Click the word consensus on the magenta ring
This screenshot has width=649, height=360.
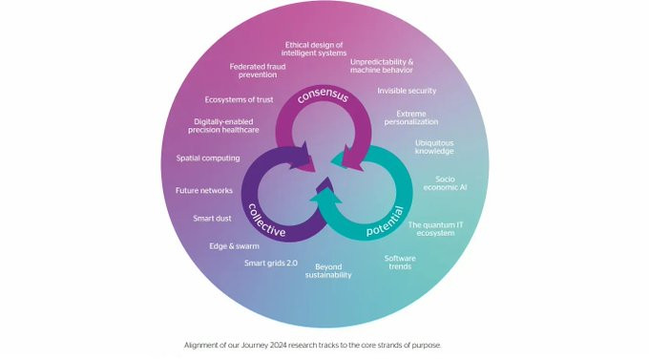tap(323, 95)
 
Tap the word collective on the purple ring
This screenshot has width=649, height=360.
tap(266, 220)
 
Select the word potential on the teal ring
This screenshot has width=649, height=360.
tap(385, 222)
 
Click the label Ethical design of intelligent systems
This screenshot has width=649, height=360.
tap(314, 49)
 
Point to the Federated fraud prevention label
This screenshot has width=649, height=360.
tap(258, 71)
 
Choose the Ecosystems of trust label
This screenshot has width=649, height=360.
tap(239, 100)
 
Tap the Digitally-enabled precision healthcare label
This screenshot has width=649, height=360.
tap(223, 126)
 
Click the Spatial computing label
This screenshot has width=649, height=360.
tap(208, 159)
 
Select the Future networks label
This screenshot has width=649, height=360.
tap(204, 191)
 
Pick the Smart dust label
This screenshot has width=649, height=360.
tap(212, 219)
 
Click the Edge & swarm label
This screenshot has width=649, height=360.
tap(234, 246)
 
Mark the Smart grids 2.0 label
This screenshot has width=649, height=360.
tap(271, 263)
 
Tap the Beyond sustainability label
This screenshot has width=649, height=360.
tap(328, 271)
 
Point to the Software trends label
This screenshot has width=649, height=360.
tap(400, 263)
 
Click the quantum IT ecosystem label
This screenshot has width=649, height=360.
tap(435, 229)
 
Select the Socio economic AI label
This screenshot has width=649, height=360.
tap(445, 183)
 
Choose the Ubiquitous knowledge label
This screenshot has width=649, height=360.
tap(434, 147)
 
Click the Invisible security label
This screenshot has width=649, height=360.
tap(407, 91)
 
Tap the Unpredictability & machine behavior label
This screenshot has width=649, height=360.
tap(382, 66)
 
